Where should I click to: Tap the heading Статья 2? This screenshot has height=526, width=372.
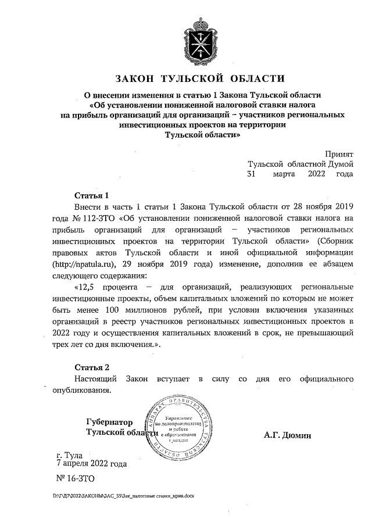tap(92, 367)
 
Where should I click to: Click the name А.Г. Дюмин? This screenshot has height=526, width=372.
tap(287, 435)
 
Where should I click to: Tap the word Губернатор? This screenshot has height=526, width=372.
tap(109, 422)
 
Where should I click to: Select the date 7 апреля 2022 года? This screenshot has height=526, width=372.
tap(91, 464)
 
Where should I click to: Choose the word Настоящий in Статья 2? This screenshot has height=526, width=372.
tap(96, 379)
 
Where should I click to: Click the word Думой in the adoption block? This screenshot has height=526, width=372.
tap(340, 164)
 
